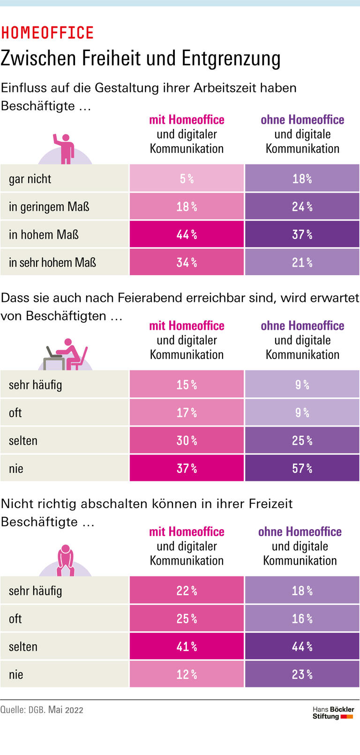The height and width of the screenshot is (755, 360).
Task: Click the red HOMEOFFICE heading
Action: (x=47, y=33)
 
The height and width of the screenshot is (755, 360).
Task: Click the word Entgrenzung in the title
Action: (x=231, y=59)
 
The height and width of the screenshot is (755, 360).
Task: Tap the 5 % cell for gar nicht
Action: (x=187, y=179)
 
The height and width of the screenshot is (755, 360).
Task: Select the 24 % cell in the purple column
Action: (x=302, y=207)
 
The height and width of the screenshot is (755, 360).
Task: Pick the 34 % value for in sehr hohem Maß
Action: (x=187, y=262)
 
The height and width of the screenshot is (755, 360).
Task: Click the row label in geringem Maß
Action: (x=49, y=207)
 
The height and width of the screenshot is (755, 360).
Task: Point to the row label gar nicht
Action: (x=30, y=179)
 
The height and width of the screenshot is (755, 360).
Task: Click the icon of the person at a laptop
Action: (x=66, y=355)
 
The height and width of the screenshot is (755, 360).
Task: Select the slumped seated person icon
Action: (x=65, y=561)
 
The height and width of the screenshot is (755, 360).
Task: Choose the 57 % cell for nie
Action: (x=302, y=468)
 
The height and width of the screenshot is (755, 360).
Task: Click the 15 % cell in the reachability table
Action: (x=187, y=385)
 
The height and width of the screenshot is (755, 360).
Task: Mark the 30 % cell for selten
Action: (x=187, y=441)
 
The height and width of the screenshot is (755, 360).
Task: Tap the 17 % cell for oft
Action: (x=187, y=412)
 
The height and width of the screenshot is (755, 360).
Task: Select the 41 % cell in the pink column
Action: (x=187, y=646)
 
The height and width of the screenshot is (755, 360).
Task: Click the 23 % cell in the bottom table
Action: (x=302, y=674)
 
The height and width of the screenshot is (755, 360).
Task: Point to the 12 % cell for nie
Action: (x=187, y=674)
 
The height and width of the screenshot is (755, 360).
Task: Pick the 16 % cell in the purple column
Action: (x=302, y=619)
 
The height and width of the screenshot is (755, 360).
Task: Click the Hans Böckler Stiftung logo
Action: (x=333, y=713)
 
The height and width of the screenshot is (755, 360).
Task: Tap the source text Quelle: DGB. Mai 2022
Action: (x=42, y=710)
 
